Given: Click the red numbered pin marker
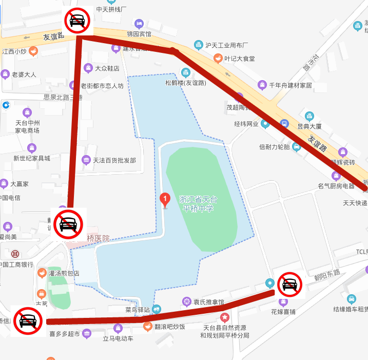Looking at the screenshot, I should tap(165, 199).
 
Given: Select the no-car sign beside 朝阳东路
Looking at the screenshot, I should tap(289, 284).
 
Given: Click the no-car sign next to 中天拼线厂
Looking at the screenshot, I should tap(77, 21).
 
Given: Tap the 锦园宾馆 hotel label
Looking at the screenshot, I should tap(139, 34).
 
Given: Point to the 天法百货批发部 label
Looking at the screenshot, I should tap(114, 160).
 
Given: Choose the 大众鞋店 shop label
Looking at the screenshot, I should tap(107, 68).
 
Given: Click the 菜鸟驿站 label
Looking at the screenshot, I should tap(137, 310).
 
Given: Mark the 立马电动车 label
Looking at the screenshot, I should tap(118, 338).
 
